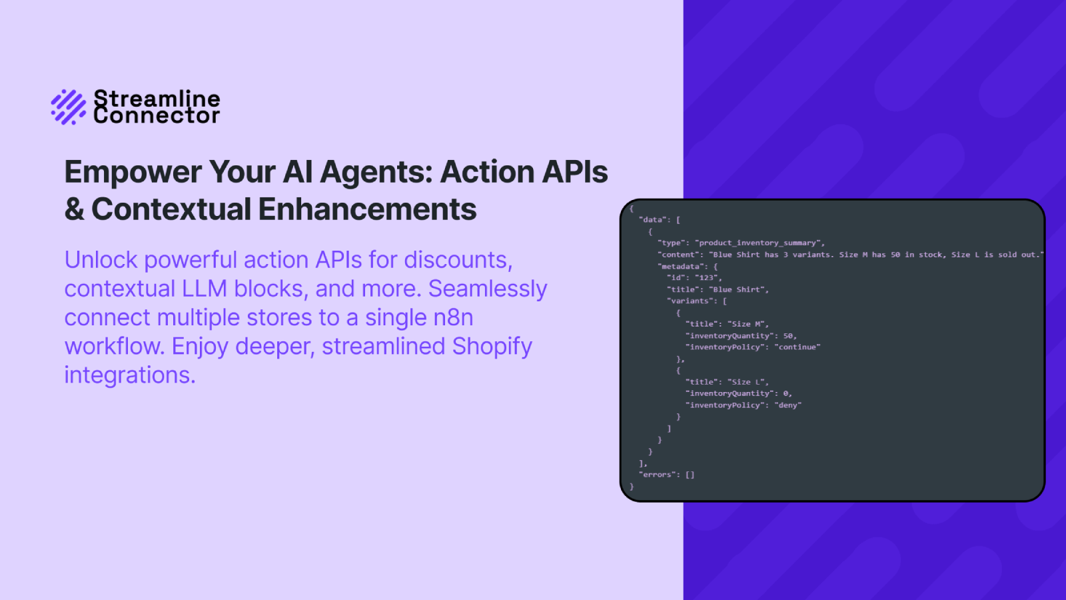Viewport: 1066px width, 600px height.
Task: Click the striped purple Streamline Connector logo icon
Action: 69,107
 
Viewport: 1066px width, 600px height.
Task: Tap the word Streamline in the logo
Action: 157,99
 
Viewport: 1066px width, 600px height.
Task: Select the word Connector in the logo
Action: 157,116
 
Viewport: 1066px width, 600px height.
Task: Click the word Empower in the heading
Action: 133,172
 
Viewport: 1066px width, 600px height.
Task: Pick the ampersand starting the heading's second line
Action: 74,209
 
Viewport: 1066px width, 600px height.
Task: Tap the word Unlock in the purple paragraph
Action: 101,260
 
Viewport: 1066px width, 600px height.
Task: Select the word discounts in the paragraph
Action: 458,260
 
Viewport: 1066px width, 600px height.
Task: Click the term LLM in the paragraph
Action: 204,289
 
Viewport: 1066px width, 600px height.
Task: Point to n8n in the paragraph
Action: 453,317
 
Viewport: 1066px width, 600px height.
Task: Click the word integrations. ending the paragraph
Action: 130,375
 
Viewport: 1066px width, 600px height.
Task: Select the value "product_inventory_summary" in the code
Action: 758,243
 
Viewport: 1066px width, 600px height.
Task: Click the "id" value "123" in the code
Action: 707,277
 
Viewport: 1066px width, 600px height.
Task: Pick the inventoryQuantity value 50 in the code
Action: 788,336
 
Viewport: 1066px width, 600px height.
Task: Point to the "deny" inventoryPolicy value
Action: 788,405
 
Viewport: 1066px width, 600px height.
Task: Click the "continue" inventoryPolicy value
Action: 798,347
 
